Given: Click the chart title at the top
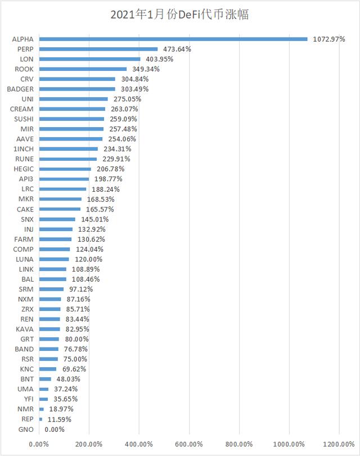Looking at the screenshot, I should point(180,15).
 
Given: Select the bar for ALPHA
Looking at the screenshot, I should point(173,39).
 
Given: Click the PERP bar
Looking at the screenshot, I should point(98,49).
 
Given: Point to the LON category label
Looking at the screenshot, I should point(26,59).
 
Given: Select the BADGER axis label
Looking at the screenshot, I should point(20,89).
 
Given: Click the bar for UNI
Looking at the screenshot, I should point(73,99).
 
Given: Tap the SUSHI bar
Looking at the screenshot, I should point(71,119).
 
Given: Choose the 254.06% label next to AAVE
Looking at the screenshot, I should point(120,139).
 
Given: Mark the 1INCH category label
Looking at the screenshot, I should point(23,149).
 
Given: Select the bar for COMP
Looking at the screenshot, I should point(55,249).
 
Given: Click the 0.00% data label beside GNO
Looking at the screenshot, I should point(54,430).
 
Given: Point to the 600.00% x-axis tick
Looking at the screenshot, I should point(190,445).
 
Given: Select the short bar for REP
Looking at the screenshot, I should point(40,419).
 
